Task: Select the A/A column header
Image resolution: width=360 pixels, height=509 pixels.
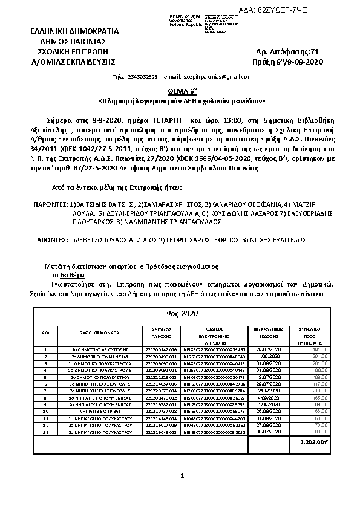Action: [x=45, y=332]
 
